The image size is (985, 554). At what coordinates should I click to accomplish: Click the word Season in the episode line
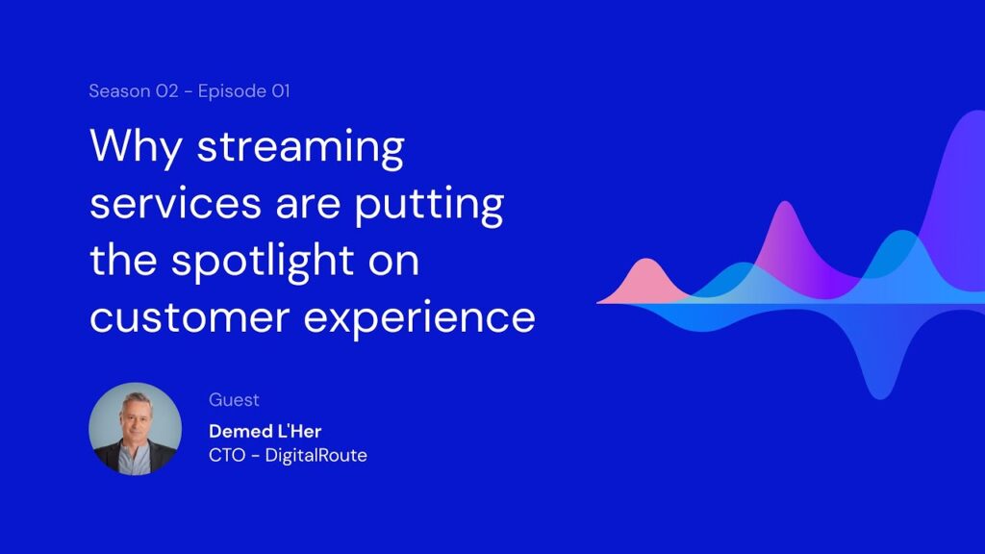(x=119, y=91)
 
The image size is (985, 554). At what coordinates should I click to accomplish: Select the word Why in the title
(x=136, y=147)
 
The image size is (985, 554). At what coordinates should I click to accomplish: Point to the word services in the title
(x=175, y=204)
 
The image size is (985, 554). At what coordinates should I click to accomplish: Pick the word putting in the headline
(x=429, y=205)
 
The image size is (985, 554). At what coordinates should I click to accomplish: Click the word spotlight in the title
(x=263, y=261)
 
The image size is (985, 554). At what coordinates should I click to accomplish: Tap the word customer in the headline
(x=189, y=318)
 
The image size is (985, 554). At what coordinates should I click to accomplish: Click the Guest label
(x=234, y=400)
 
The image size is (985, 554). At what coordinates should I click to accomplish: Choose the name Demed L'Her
(x=265, y=432)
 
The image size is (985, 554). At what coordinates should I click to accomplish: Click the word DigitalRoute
(x=316, y=455)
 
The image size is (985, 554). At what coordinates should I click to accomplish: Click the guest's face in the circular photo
(x=136, y=418)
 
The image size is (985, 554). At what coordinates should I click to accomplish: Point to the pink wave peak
(x=646, y=260)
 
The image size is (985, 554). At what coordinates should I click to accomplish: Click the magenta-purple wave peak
(x=785, y=204)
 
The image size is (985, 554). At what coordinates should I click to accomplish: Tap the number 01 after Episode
(x=281, y=91)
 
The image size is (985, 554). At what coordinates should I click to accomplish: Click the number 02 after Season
(x=167, y=91)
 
